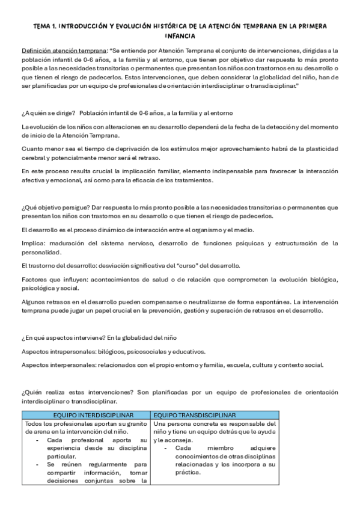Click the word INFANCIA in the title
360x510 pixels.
point(180,35)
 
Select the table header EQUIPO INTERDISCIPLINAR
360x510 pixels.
point(86,415)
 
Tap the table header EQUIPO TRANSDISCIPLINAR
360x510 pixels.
point(194,415)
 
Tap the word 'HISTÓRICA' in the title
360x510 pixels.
point(186,26)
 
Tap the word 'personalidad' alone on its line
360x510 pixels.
point(41,253)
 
